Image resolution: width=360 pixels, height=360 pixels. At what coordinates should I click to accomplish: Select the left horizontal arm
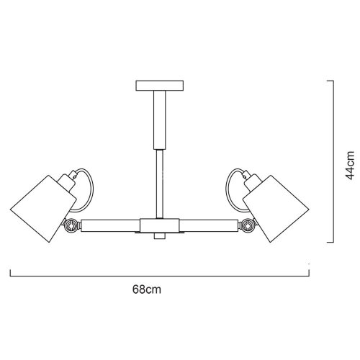click(x=108, y=225)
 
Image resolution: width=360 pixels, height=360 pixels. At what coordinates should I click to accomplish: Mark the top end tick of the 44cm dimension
click(x=330, y=81)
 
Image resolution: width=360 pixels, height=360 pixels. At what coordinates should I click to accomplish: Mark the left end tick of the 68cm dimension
click(x=11, y=273)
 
